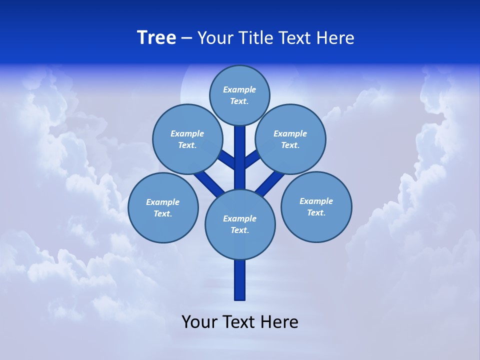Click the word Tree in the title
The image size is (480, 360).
(x=156, y=37)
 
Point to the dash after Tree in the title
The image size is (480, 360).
(x=186, y=38)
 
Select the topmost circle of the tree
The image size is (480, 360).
(x=239, y=95)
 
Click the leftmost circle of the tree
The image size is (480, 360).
(x=163, y=207)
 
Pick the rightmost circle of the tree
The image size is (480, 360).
(x=316, y=206)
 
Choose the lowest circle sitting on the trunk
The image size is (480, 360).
(x=240, y=224)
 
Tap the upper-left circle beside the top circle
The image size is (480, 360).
(x=187, y=139)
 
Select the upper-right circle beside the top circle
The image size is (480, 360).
(x=290, y=139)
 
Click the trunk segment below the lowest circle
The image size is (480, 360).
(x=240, y=280)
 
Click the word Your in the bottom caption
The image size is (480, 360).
(x=199, y=321)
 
